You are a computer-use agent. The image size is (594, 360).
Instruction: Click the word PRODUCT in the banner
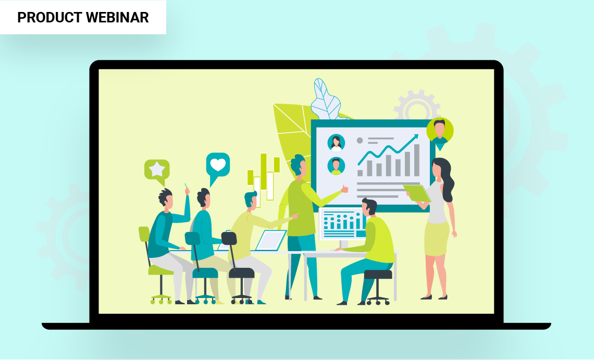[49, 17]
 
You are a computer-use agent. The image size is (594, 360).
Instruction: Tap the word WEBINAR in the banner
[117, 17]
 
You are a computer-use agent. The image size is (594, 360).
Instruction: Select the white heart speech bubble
[218, 165]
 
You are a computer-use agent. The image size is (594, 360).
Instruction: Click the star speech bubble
[157, 170]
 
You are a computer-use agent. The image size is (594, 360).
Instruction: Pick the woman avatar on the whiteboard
[336, 143]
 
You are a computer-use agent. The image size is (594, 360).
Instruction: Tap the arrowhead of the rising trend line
[415, 137]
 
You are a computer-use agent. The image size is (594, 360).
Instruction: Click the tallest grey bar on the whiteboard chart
[417, 160]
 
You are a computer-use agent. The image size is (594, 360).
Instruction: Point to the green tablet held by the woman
[417, 193]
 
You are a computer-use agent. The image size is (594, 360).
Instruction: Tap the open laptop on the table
[270, 240]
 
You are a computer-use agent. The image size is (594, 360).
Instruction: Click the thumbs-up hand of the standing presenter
[344, 189]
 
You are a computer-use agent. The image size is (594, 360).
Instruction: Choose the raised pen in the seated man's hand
[186, 187]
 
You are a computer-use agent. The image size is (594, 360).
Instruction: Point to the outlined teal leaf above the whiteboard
[326, 100]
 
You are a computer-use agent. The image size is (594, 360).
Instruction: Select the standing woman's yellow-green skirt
[437, 239]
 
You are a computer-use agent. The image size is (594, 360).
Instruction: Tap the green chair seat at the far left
[161, 270]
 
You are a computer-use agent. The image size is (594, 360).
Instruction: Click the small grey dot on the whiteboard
[360, 141]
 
